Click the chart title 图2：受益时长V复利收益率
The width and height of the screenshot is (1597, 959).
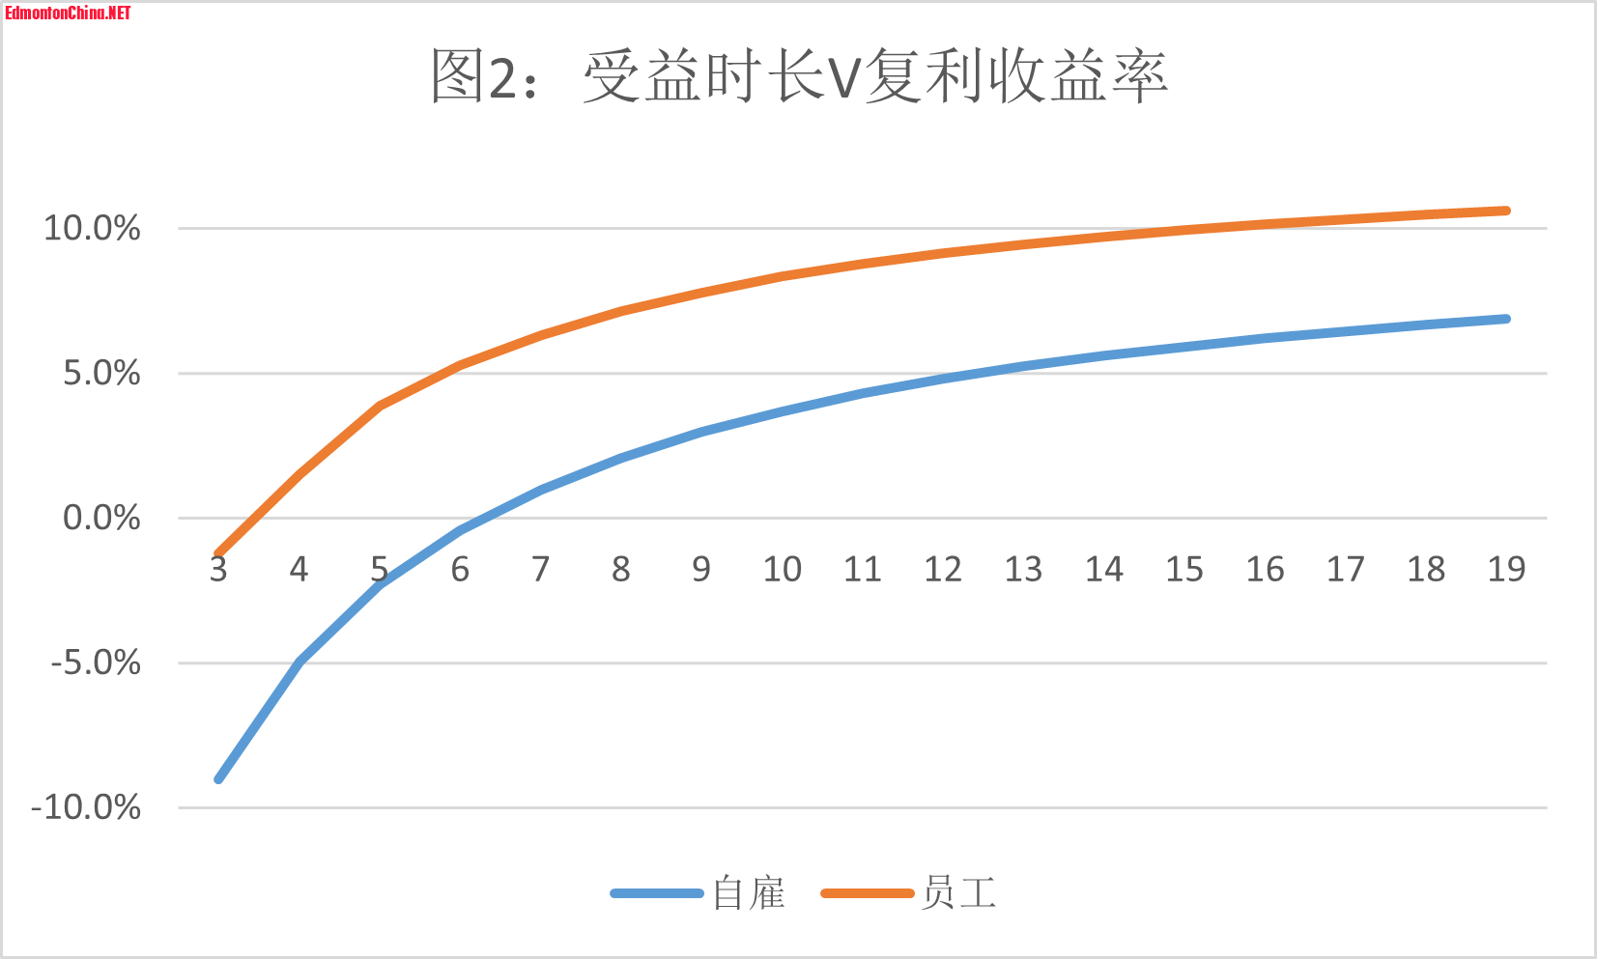click(798, 76)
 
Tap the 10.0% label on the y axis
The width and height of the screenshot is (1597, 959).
click(92, 229)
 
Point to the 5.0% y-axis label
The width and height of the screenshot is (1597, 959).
click(101, 374)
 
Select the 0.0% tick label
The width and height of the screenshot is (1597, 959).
click(101, 519)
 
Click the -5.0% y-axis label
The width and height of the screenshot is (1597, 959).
click(96, 663)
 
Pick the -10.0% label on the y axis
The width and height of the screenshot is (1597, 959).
click(86, 808)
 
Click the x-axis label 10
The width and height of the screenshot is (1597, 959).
click(782, 570)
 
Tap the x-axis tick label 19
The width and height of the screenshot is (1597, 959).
click(1506, 570)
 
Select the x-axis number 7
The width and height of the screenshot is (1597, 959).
click(540, 570)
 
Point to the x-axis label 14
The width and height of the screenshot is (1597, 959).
click(1103, 570)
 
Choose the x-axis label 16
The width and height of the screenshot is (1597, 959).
click(1265, 570)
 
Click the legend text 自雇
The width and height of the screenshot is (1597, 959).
click(749, 893)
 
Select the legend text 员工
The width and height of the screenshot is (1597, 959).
click(958, 893)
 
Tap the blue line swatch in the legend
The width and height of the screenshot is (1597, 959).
click(657, 893)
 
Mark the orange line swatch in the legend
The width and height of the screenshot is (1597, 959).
click(867, 893)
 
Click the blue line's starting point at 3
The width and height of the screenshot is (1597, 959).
click(219, 778)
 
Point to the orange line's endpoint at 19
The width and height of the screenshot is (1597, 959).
click(1505, 211)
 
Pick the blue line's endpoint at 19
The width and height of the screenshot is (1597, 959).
click(1505, 319)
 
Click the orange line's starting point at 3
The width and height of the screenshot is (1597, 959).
click(219, 553)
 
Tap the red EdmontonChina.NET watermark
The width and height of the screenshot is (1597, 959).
click(68, 13)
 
